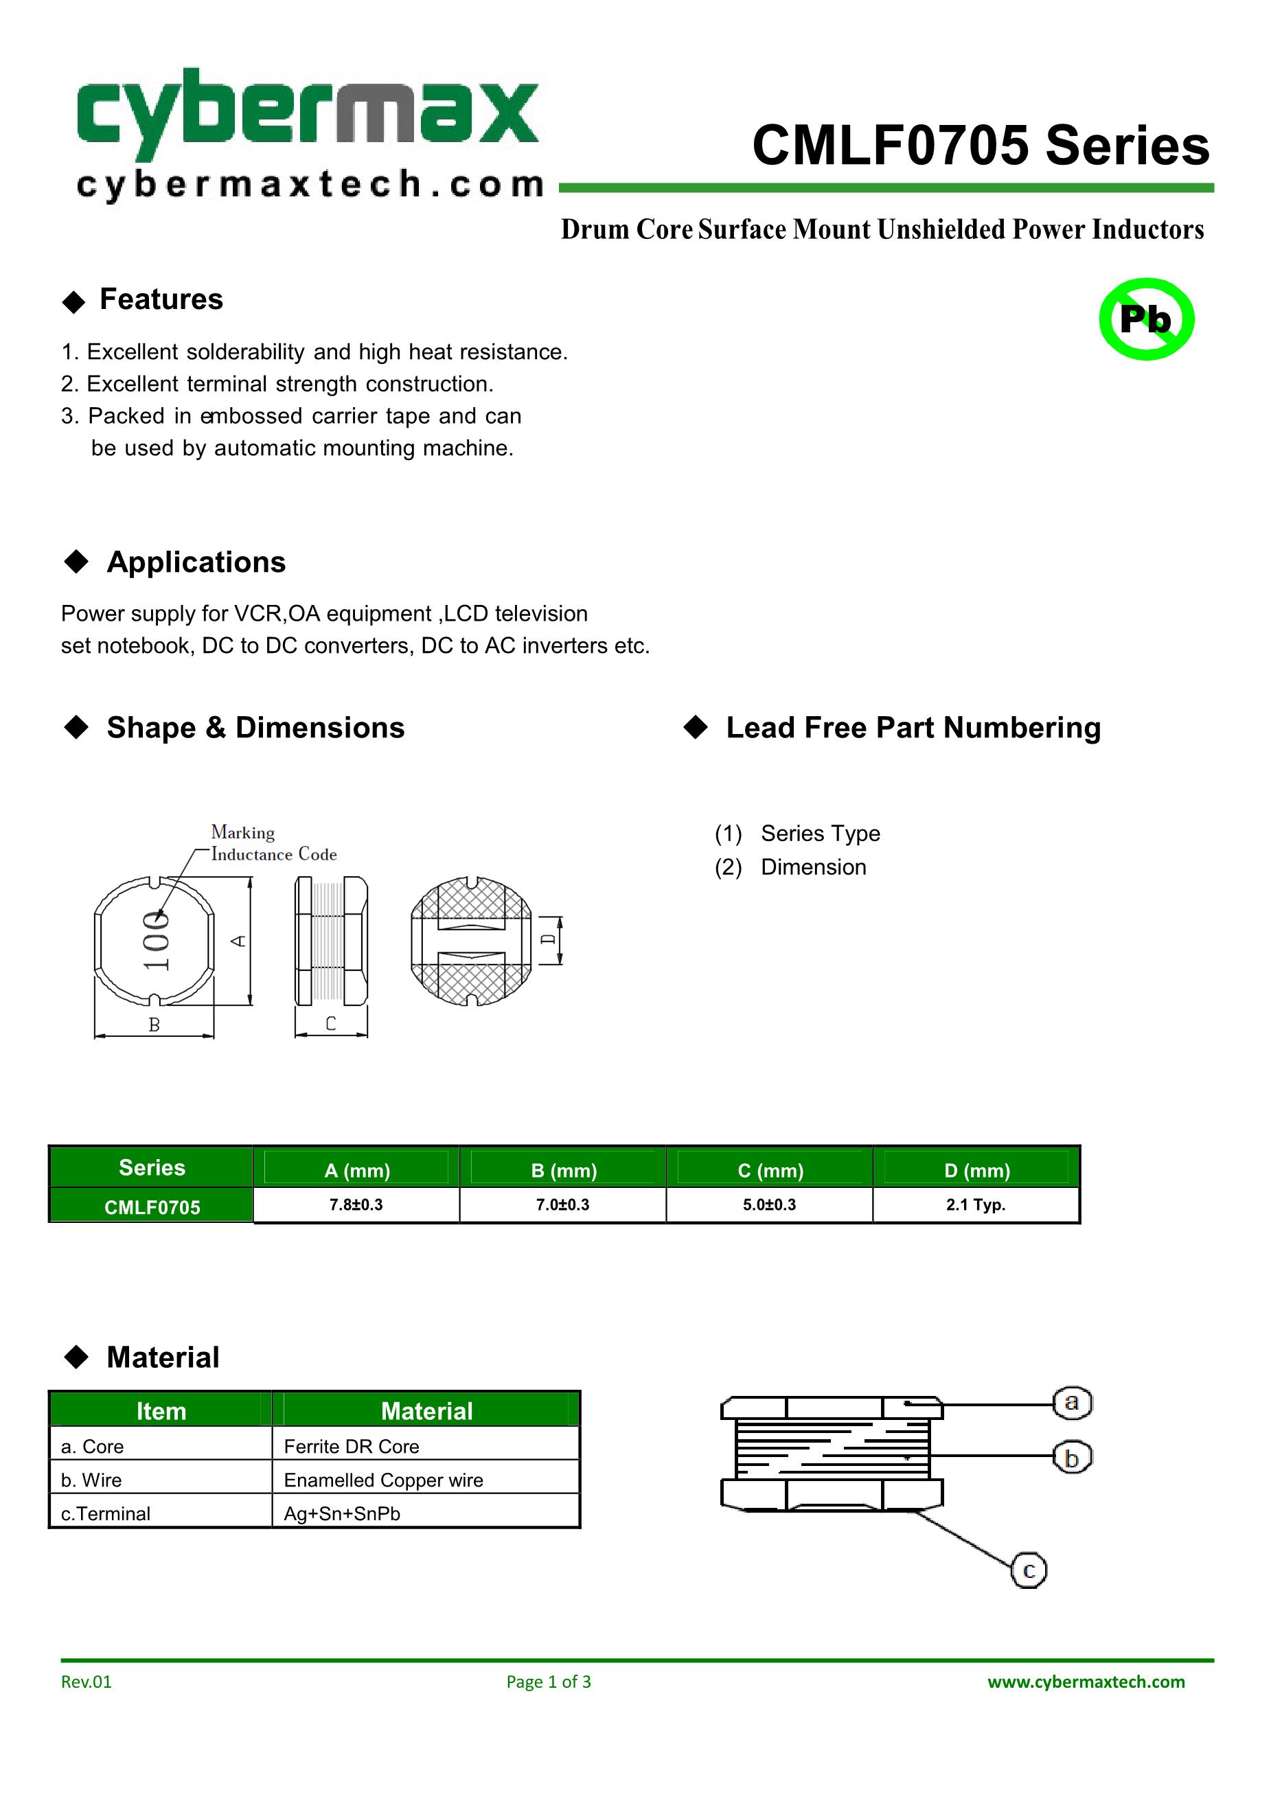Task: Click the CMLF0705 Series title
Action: tap(981, 146)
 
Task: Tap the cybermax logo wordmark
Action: tap(308, 115)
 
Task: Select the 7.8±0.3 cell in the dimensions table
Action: tap(356, 1204)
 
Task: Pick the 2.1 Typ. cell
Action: tap(975, 1204)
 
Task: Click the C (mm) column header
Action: tap(770, 1170)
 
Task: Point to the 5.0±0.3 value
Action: tap(769, 1204)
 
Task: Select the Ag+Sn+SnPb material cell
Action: tap(342, 1513)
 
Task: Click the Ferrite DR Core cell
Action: tap(351, 1445)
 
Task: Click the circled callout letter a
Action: tap(1071, 1401)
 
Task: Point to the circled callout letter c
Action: tap(1028, 1570)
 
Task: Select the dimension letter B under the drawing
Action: tap(154, 1024)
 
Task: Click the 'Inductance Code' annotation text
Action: tap(273, 854)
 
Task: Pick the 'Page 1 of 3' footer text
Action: tap(549, 1682)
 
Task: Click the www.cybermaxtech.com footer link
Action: tap(1086, 1682)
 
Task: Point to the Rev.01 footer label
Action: tap(87, 1682)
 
